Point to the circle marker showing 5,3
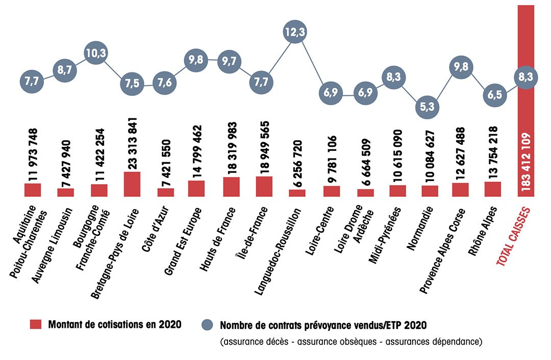[428, 107]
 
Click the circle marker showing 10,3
[95, 53]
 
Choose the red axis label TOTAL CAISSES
[516, 234]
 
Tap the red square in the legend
[36, 325]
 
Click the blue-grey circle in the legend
[207, 325]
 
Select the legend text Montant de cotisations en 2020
[115, 325]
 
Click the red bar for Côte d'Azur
[165, 192]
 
